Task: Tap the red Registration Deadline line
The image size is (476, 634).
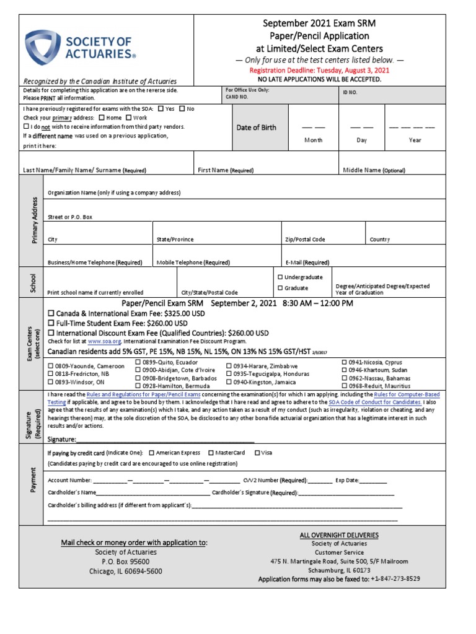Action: tap(319, 71)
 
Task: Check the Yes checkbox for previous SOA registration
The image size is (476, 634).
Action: tap(161, 109)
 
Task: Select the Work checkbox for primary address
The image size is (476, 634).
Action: tap(129, 118)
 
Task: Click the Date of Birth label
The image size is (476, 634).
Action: tap(257, 128)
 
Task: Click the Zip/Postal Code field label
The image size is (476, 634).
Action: tap(305, 240)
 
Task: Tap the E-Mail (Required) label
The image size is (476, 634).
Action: tap(307, 263)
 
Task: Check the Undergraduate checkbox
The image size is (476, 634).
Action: tap(281, 277)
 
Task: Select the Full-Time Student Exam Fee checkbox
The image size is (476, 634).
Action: tap(51, 323)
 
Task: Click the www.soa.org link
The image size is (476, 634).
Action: tap(103, 341)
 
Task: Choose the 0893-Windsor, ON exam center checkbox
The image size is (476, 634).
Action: tap(51, 383)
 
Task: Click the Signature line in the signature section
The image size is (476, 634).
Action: tap(165, 439)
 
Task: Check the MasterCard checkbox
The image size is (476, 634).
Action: tap(211, 453)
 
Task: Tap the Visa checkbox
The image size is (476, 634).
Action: tap(257, 453)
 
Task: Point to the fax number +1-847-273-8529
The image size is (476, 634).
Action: tap(395, 579)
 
